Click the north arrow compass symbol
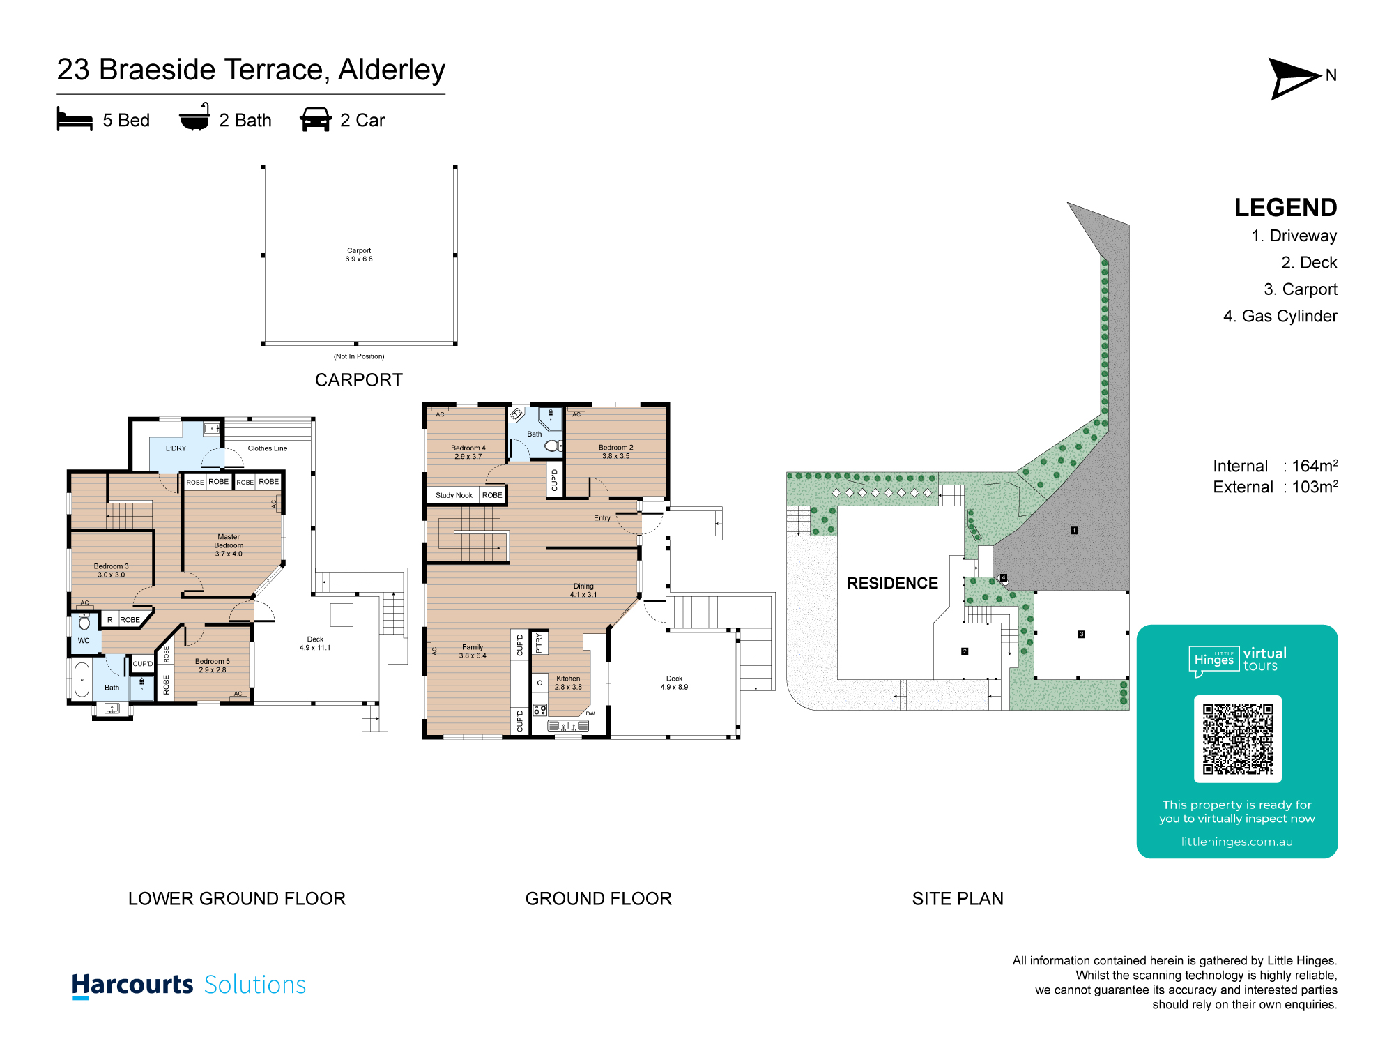click(x=1293, y=77)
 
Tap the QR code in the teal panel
click(x=1237, y=738)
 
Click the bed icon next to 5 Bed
click(x=75, y=119)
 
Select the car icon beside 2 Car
click(x=316, y=119)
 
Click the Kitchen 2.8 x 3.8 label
click(x=568, y=683)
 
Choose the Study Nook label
click(x=454, y=495)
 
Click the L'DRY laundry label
click(x=176, y=448)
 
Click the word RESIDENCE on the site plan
click(x=892, y=584)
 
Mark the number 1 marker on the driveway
click(x=1074, y=531)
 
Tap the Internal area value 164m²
click(x=1315, y=466)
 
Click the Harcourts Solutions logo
click(x=189, y=985)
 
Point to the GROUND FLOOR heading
click(x=598, y=898)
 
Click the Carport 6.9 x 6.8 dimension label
click(x=359, y=255)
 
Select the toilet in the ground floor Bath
click(x=552, y=446)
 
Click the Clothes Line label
click(x=267, y=448)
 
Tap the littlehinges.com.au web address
click(x=1236, y=842)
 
